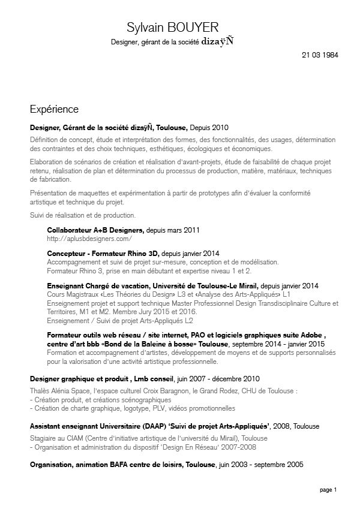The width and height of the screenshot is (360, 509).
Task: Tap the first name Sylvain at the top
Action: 147,28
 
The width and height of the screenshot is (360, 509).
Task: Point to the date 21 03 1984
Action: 320,55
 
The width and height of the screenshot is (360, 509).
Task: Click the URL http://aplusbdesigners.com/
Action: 89,239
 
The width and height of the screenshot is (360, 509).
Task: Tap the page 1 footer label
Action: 328,490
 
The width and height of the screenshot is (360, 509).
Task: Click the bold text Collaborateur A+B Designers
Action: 95,230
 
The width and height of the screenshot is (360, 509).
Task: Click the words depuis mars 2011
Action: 173,230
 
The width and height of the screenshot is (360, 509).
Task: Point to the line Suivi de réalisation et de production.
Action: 82,215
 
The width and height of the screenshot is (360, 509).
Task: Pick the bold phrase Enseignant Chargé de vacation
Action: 98,286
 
